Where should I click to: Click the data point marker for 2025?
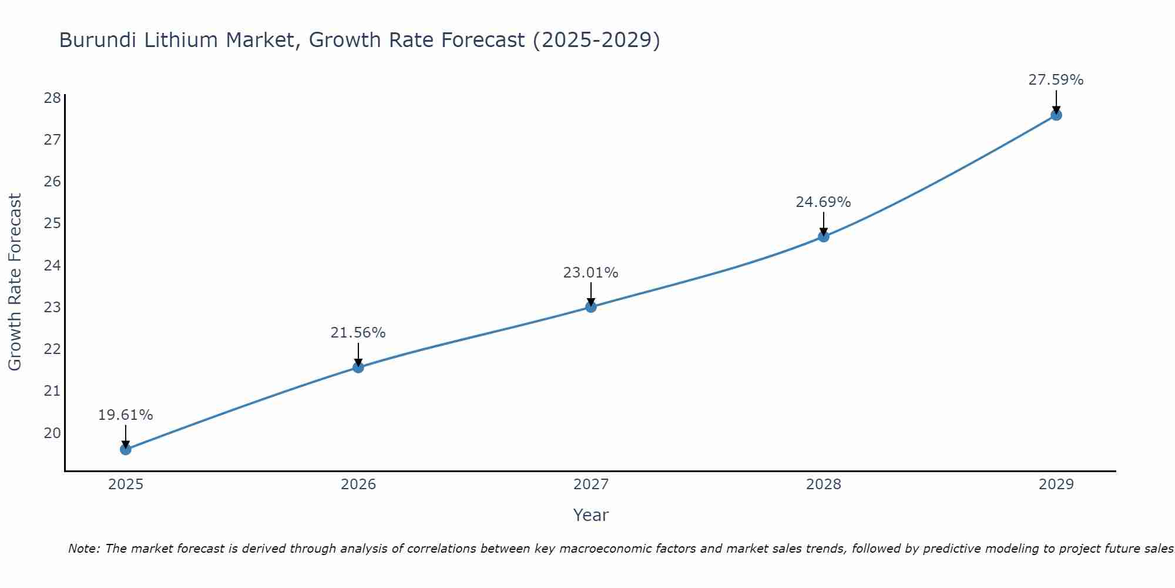(x=126, y=449)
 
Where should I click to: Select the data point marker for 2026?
(x=358, y=367)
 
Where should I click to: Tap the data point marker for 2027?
(x=591, y=307)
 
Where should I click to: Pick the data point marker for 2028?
(x=824, y=236)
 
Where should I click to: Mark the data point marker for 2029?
(x=1056, y=115)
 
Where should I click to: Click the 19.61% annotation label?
(x=125, y=415)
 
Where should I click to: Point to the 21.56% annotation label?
(x=358, y=333)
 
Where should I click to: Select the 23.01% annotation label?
(x=590, y=273)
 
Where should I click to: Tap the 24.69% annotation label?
(x=823, y=202)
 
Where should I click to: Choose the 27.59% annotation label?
(x=1056, y=80)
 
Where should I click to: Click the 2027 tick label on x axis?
(x=591, y=485)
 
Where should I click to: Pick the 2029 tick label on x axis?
(x=1056, y=485)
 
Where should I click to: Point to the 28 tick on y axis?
(x=52, y=98)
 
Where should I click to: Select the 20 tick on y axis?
(x=52, y=433)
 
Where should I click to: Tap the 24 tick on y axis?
(x=52, y=266)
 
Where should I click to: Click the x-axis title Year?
(x=591, y=515)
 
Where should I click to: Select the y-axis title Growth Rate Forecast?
(x=15, y=282)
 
